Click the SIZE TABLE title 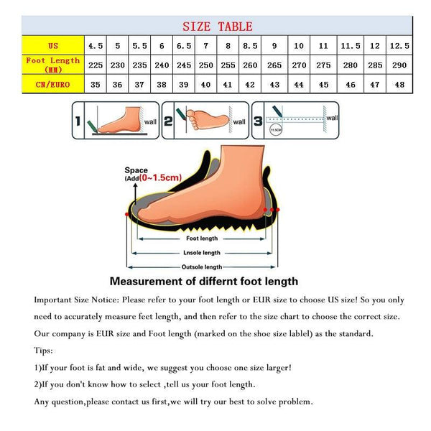[x=217, y=27]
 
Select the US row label [x=53, y=45]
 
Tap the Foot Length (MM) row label [x=53, y=65]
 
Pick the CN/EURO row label [x=53, y=84]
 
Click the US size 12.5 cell [x=399, y=45]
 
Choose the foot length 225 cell [x=96, y=65]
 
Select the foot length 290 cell [x=399, y=65]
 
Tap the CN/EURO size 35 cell [x=96, y=84]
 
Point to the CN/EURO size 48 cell [x=399, y=84]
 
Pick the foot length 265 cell [x=274, y=65]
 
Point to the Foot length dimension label [x=202, y=238]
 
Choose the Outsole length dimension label [x=202, y=267]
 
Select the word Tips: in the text [x=43, y=350]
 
